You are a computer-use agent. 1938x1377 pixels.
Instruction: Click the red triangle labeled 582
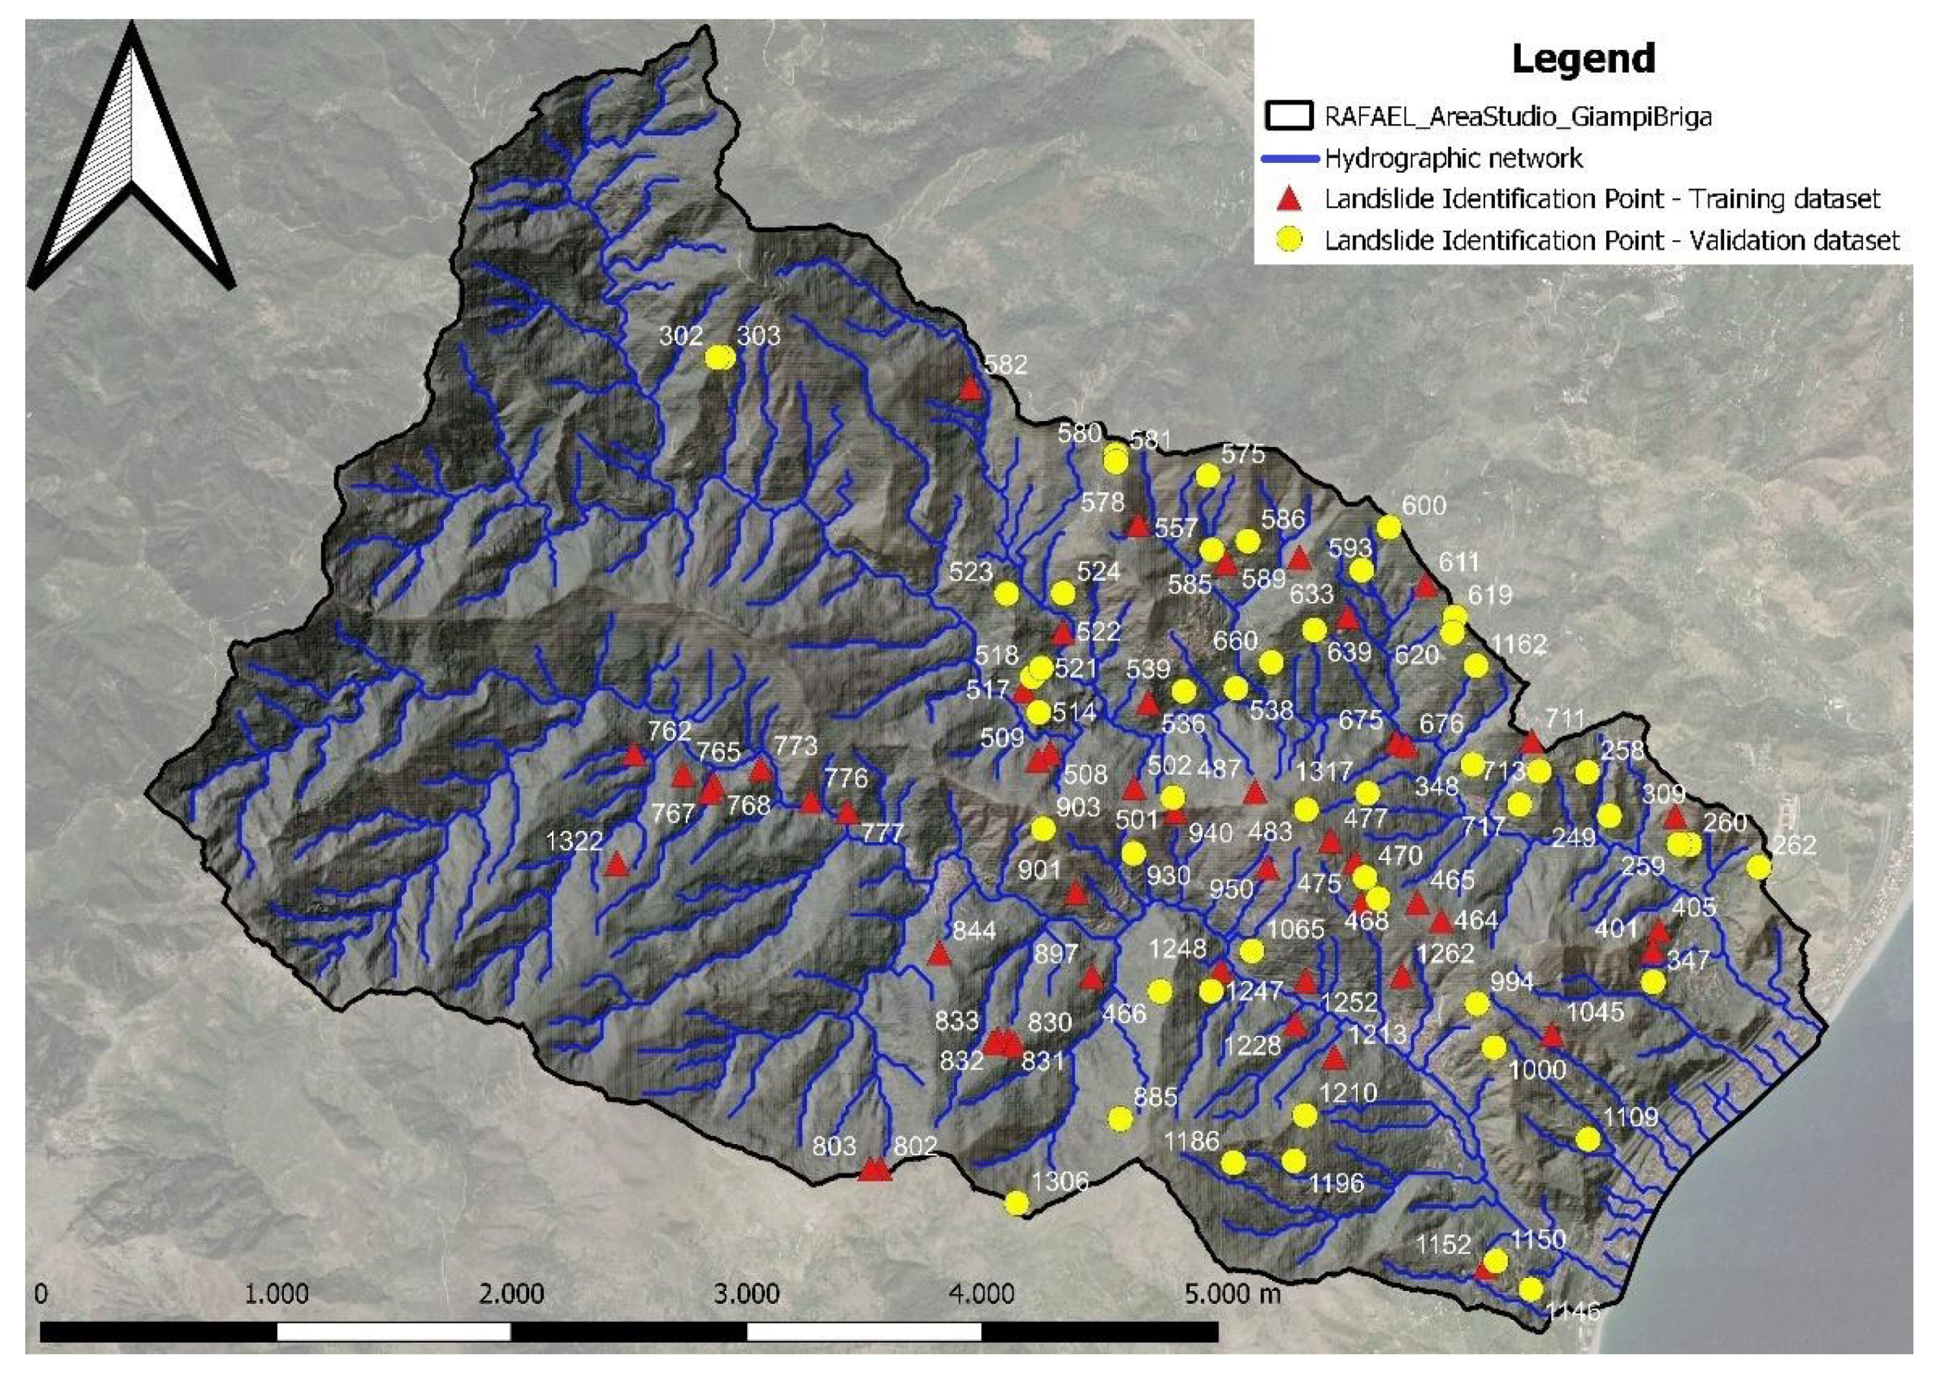point(970,389)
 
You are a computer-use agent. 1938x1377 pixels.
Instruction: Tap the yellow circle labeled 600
point(1388,527)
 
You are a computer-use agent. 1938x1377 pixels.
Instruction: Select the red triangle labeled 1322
point(616,864)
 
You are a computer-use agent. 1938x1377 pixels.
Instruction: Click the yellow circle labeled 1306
point(1016,1203)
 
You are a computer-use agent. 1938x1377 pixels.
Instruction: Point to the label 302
point(681,336)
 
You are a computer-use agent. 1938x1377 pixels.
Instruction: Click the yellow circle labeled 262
point(1759,866)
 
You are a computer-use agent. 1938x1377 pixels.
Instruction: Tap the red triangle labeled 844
point(938,954)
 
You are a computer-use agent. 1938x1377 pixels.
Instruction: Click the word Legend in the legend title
point(1583,58)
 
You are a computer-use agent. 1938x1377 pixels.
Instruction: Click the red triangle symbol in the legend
point(1290,199)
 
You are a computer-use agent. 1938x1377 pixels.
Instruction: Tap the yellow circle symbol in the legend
point(1290,240)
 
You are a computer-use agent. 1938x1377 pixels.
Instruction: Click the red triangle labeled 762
point(634,755)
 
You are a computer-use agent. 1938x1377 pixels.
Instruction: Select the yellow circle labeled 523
point(1006,593)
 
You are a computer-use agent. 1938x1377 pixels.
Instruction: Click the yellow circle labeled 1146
point(1530,1290)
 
